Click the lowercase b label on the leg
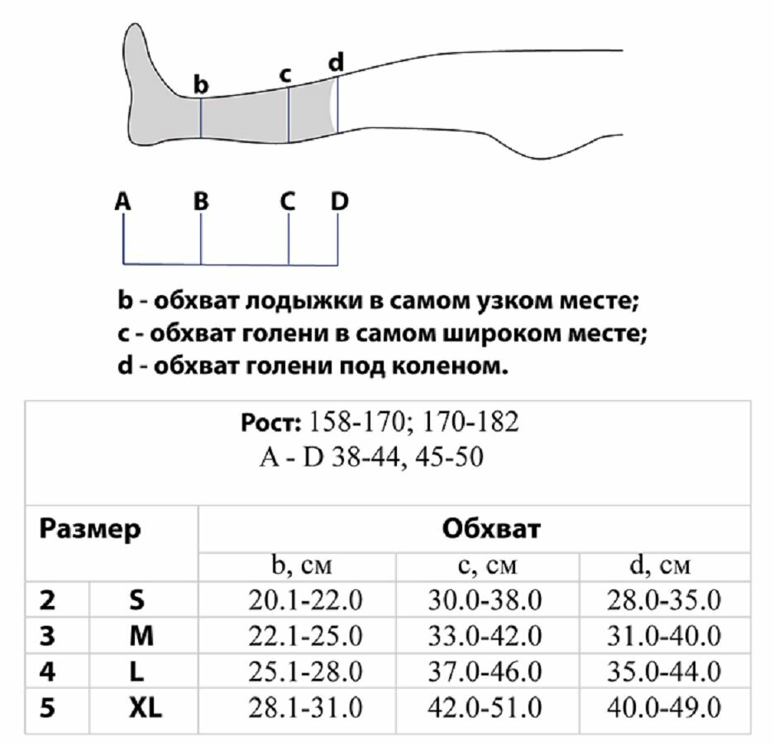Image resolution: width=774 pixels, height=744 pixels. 201,84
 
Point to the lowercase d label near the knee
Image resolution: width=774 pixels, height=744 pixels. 336,62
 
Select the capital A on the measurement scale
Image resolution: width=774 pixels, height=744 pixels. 122,201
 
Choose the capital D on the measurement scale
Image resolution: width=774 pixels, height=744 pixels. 340,201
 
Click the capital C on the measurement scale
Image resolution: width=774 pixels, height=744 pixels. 287,201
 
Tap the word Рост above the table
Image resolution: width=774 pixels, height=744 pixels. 270,422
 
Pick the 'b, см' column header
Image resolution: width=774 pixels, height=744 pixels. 296,567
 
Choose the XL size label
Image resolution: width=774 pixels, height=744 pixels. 145,708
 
